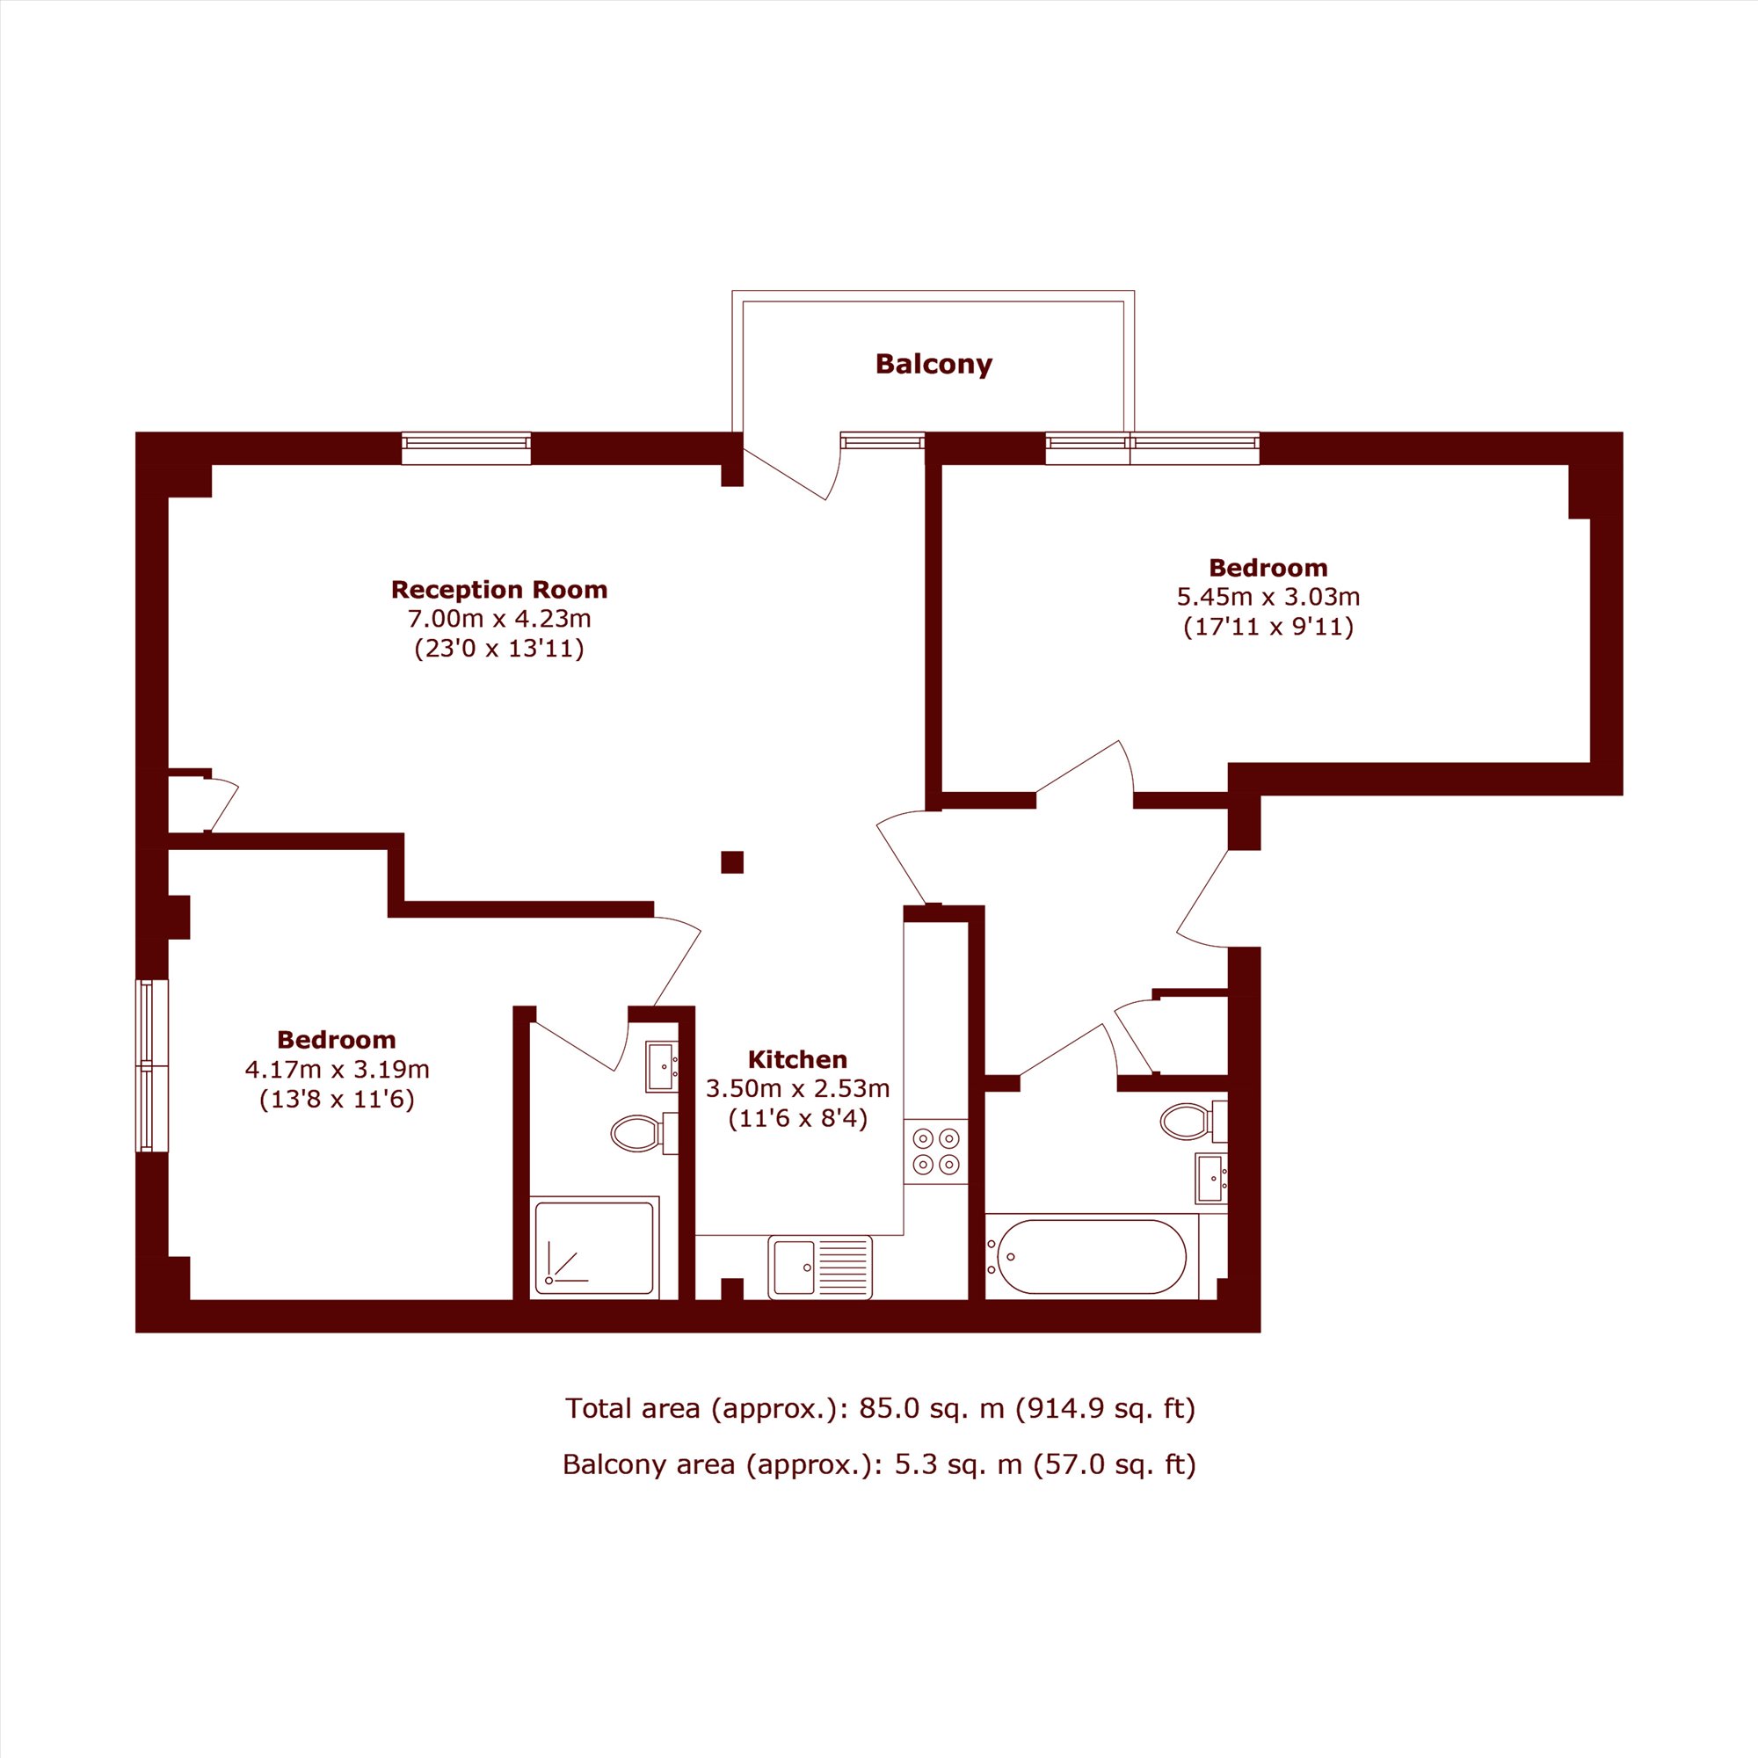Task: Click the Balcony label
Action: pyautogui.click(x=933, y=365)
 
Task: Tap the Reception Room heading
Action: pyautogui.click(x=498, y=590)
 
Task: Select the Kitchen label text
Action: pyautogui.click(x=797, y=1059)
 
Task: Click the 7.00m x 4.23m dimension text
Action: pyautogui.click(x=498, y=620)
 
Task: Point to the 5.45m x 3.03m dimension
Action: pyautogui.click(x=1268, y=597)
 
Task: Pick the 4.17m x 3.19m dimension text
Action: pyautogui.click(x=337, y=1069)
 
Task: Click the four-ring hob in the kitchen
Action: pyautogui.click(x=935, y=1151)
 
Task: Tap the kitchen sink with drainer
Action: pyautogui.click(x=820, y=1267)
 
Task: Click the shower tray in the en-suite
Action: pyautogui.click(x=595, y=1246)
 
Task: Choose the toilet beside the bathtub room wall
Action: pyautogui.click(x=1194, y=1121)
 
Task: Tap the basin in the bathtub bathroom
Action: pyautogui.click(x=1211, y=1179)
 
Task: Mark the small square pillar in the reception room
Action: pyautogui.click(x=731, y=861)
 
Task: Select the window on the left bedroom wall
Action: pyautogui.click(x=152, y=1065)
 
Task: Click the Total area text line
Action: pyautogui.click(x=880, y=1408)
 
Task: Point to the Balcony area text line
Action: pyautogui.click(x=879, y=1464)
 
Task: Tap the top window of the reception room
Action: pyautogui.click(x=466, y=447)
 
